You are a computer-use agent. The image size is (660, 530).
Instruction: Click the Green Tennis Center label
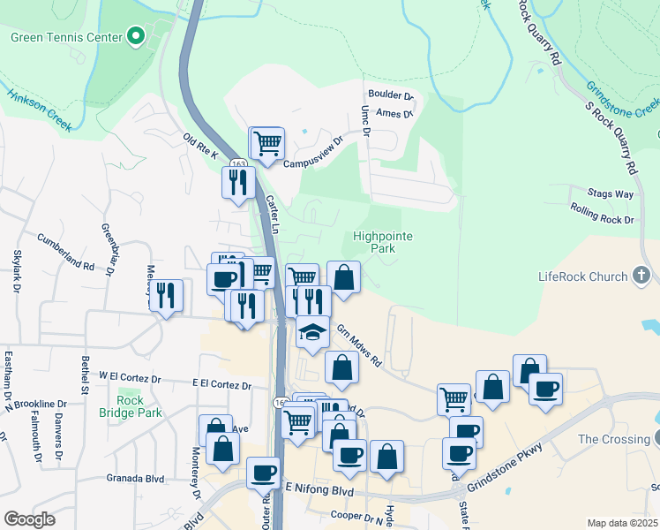tap(65, 37)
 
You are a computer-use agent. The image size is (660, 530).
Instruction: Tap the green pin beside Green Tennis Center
tap(135, 37)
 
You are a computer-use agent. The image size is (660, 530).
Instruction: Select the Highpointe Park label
tap(383, 243)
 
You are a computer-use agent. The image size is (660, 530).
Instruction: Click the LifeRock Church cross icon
tap(641, 276)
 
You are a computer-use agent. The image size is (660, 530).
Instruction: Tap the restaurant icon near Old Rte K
tap(237, 182)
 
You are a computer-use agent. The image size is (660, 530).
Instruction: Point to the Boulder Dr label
tap(391, 95)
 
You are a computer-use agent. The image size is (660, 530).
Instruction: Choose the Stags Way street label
tap(611, 193)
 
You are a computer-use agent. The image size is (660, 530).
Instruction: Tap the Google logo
tap(29, 519)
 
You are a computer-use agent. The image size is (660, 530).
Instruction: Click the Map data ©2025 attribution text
tap(622, 523)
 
